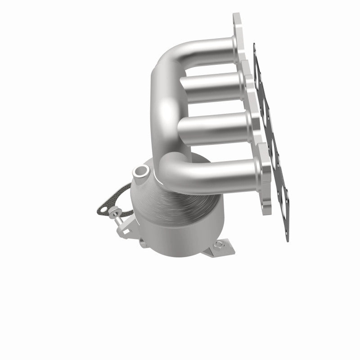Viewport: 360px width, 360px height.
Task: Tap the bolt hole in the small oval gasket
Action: pyautogui.click(x=104, y=209)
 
